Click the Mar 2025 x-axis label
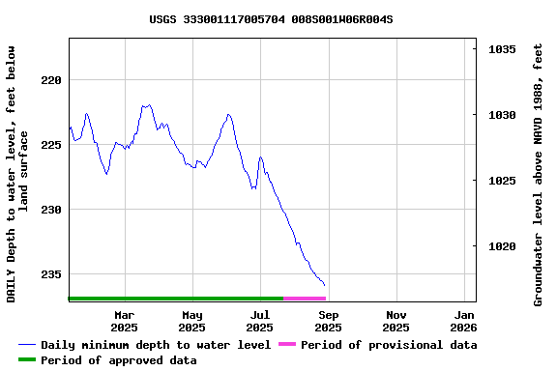[125, 321]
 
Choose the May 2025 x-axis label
[192, 321]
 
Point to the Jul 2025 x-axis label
[260, 321]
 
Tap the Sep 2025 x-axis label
[329, 321]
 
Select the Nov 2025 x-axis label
[396, 321]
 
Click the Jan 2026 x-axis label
[465, 321]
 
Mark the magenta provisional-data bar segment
[305, 299]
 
